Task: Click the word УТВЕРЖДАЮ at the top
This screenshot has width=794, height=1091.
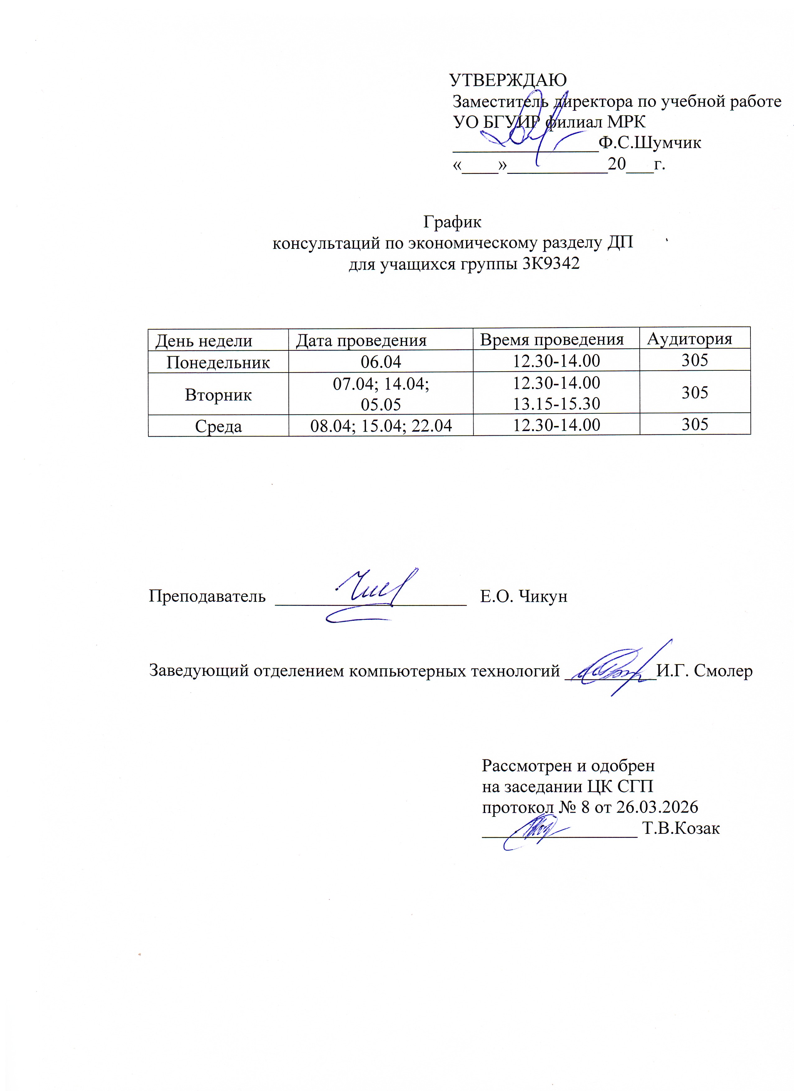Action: coord(508,80)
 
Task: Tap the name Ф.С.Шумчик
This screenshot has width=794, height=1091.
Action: coord(650,143)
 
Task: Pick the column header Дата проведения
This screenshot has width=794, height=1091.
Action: coord(361,341)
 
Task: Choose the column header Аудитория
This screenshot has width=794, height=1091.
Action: coord(689,339)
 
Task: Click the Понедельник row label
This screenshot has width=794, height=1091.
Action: coord(218,362)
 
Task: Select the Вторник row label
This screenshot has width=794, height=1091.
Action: coord(218,395)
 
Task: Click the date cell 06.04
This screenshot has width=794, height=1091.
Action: coord(381,361)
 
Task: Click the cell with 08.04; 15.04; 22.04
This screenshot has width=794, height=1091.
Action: coord(381,426)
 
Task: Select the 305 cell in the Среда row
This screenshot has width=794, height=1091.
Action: coord(695,424)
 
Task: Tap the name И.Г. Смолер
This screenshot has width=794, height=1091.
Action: coord(704,671)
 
